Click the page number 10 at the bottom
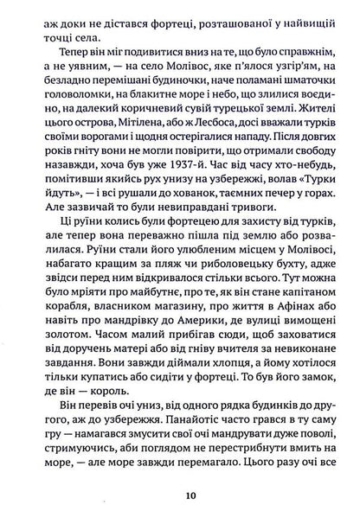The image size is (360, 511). point(180,495)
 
